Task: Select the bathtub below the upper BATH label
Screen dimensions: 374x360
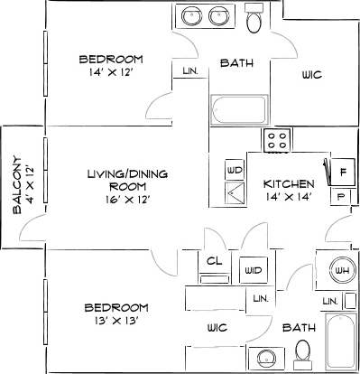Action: click(x=240, y=109)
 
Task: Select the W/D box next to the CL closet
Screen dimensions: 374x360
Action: click(x=253, y=269)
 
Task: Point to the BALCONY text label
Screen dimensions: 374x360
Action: click(x=18, y=187)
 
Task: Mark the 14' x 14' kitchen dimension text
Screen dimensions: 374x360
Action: click(x=289, y=197)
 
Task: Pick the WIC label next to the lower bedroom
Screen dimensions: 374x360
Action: click(x=217, y=327)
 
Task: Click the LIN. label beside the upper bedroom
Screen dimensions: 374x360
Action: click(x=190, y=70)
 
